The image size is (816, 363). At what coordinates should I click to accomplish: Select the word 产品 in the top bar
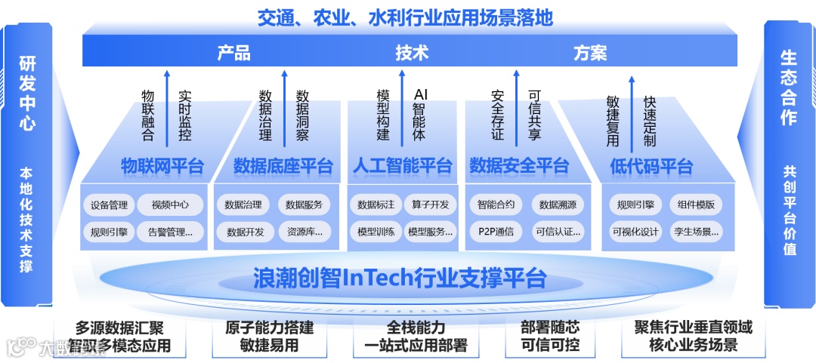click(233, 53)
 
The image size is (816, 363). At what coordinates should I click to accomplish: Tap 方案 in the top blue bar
click(590, 53)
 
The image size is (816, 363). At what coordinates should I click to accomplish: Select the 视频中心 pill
click(170, 205)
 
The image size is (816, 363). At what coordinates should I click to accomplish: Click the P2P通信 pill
click(496, 232)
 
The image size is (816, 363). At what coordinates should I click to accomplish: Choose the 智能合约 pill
click(496, 205)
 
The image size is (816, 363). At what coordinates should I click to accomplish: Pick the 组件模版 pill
click(696, 205)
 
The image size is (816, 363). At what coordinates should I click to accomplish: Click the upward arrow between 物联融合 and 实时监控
click(167, 106)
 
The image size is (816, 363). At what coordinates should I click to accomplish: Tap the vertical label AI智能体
click(420, 114)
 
